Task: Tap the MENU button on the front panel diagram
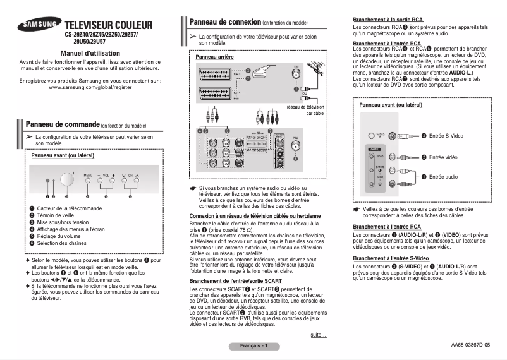pyautogui.click(x=88, y=180)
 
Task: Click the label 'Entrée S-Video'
pyautogui.click(x=446, y=136)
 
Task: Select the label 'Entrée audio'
pyautogui.click(x=443, y=177)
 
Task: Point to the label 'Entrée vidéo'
pyautogui.click(x=443, y=157)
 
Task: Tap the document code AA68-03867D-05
pyautogui.click(x=470, y=345)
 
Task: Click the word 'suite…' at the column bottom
pyautogui.click(x=319, y=335)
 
